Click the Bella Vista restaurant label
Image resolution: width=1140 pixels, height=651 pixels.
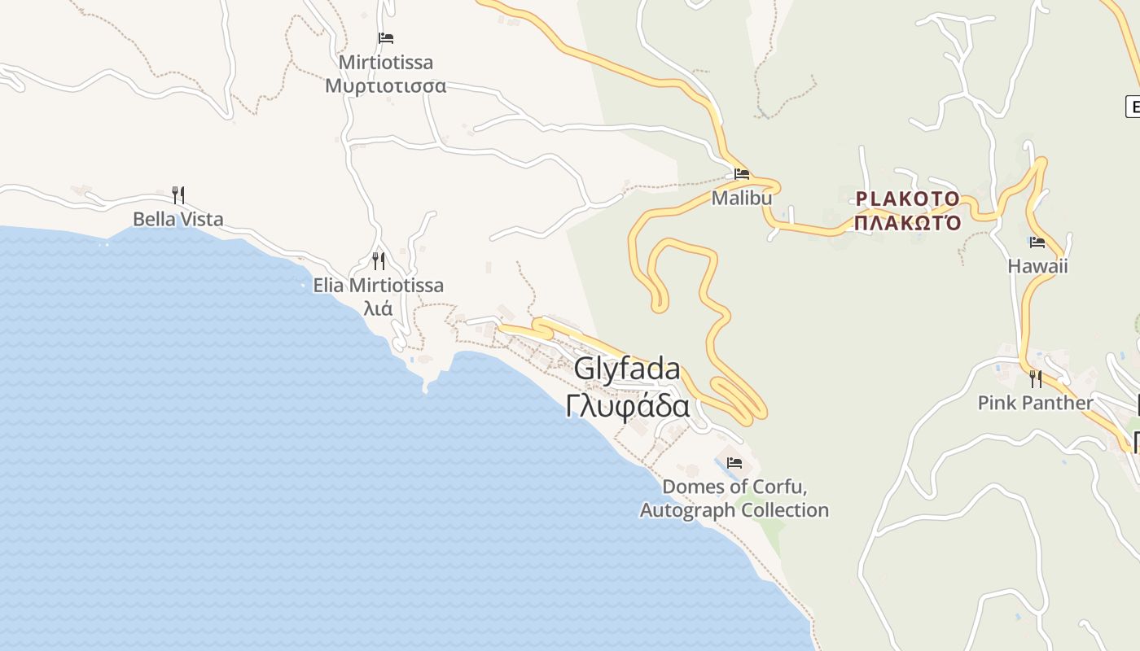click(178, 219)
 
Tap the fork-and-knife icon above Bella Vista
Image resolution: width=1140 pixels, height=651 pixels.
click(178, 195)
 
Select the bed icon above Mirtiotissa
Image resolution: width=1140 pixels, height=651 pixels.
click(386, 38)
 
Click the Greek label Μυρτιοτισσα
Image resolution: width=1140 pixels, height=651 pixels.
click(385, 85)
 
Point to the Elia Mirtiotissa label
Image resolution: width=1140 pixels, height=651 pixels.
click(378, 285)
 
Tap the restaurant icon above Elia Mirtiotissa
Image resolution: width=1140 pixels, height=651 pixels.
click(379, 260)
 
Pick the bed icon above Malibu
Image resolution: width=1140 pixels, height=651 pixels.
click(741, 173)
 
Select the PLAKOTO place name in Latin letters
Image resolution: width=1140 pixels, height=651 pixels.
click(908, 199)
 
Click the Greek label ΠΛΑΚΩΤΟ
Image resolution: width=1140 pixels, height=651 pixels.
click(908, 222)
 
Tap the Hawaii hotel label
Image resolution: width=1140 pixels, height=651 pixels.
click(1037, 266)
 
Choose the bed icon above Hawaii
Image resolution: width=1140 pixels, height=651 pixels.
click(1037, 242)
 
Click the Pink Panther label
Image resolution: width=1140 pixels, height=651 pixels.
click(1035, 403)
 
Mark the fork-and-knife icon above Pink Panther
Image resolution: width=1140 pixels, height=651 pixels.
click(1035, 378)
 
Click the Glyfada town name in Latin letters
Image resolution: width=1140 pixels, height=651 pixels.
click(627, 369)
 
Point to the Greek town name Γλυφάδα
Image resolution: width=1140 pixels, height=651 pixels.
click(628, 405)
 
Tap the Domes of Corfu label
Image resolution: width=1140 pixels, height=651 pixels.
click(734, 487)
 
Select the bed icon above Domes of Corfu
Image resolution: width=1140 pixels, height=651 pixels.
click(734, 463)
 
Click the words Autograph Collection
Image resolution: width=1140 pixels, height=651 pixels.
click(734, 510)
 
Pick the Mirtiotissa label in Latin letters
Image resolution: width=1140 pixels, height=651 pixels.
click(386, 63)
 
